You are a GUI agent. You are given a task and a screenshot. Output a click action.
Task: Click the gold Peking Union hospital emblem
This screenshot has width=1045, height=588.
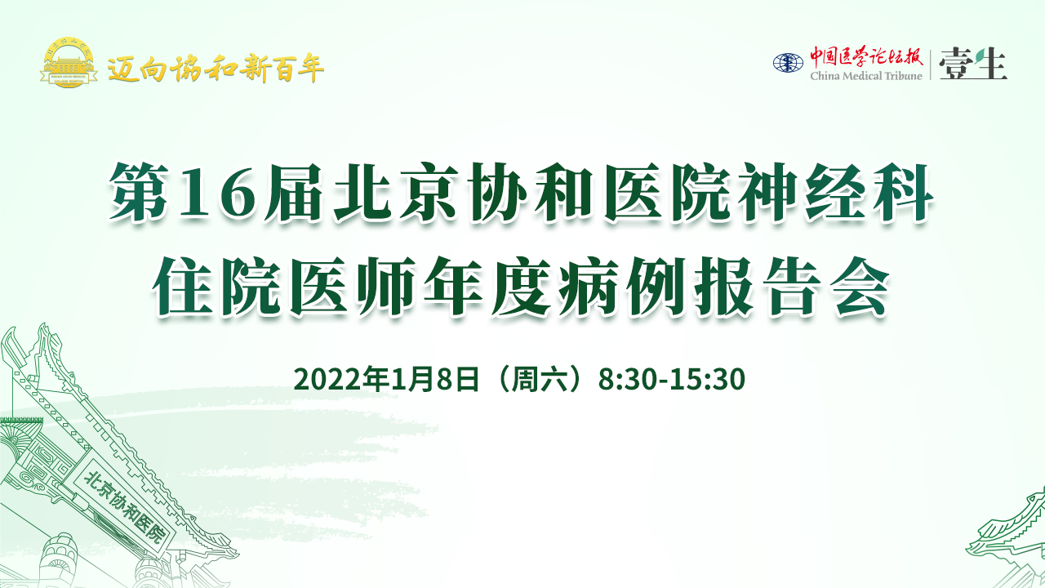point(69,63)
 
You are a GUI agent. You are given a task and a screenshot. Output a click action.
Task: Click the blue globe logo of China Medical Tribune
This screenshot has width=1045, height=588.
point(788,63)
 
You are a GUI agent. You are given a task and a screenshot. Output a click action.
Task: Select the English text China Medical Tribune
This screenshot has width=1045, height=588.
point(866,76)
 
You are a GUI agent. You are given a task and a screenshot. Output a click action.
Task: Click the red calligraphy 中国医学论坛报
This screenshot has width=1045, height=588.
point(866,57)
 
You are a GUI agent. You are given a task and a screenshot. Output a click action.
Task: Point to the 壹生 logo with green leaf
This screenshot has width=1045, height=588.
point(973,64)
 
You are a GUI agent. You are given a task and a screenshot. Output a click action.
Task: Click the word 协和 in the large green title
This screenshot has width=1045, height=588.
point(531,191)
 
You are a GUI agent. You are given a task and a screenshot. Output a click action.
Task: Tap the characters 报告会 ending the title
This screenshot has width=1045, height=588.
point(792,286)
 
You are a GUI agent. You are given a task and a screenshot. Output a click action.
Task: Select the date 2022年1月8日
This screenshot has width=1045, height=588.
point(386,379)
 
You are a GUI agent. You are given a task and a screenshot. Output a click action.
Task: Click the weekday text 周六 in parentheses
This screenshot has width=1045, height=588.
point(540,379)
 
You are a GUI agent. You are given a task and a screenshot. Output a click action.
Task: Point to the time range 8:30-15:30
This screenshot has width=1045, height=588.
point(672,379)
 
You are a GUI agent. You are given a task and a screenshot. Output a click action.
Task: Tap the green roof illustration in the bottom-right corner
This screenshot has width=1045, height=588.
point(1010,541)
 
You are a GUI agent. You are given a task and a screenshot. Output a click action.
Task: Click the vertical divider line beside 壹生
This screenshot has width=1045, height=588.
point(931,65)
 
